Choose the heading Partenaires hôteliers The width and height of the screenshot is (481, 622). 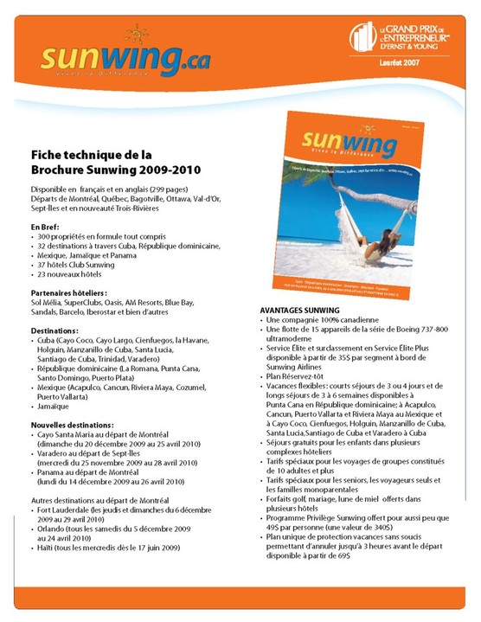[x=69, y=293]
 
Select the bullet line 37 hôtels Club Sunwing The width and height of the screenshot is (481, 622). [x=75, y=265]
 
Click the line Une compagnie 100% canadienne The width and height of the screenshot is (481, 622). [x=317, y=320]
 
